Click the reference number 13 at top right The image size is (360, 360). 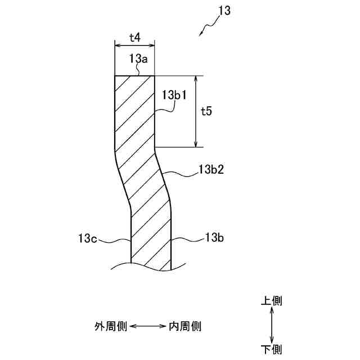pyautogui.click(x=223, y=11)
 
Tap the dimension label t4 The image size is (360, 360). pyautogui.click(x=134, y=38)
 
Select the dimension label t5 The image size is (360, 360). pyautogui.click(x=206, y=111)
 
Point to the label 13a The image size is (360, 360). pyautogui.click(x=139, y=58)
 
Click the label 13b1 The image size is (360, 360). pyautogui.click(x=174, y=95)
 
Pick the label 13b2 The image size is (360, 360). pyautogui.click(x=211, y=168)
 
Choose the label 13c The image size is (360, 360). pyautogui.click(x=88, y=239)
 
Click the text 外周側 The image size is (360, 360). pyautogui.click(x=111, y=326)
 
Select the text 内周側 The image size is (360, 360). pyautogui.click(x=185, y=326)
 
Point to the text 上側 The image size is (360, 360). pyautogui.click(x=271, y=301)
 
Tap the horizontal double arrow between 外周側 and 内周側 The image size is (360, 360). pyautogui.click(x=148, y=326)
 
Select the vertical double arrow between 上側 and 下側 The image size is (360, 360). pyautogui.click(x=272, y=325)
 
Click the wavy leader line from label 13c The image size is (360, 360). pyautogui.click(x=115, y=240)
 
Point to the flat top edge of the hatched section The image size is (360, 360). pyautogui.click(x=134, y=76)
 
